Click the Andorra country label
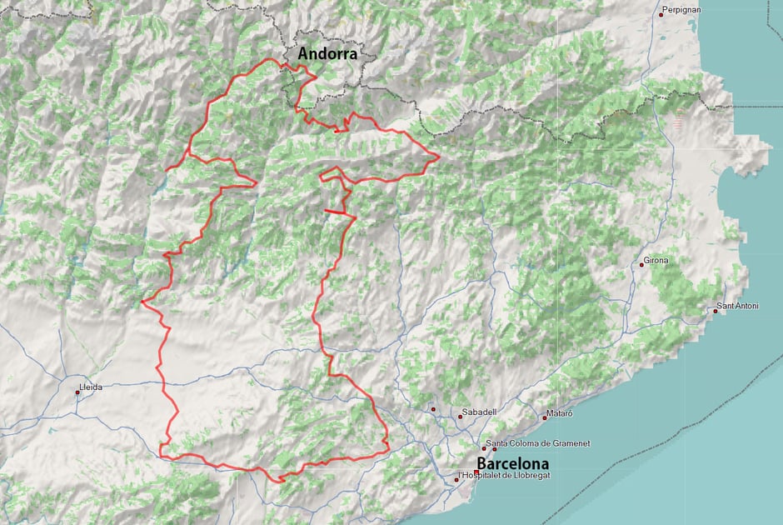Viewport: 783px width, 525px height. (327, 55)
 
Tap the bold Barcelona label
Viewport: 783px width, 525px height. (512, 463)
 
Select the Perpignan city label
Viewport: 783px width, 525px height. (683, 10)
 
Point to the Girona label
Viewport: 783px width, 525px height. (657, 261)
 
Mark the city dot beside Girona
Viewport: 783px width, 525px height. (642, 264)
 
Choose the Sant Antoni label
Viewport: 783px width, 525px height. (739, 307)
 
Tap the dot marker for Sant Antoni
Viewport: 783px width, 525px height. (716, 310)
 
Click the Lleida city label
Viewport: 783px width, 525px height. (90, 388)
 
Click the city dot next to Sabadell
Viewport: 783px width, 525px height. (460, 416)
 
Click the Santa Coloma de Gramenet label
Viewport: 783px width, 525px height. (538, 443)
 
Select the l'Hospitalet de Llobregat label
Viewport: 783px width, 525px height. (505, 476)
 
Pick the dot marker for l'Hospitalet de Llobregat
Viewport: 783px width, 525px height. (456, 479)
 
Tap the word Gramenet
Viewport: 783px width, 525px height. (570, 443)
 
